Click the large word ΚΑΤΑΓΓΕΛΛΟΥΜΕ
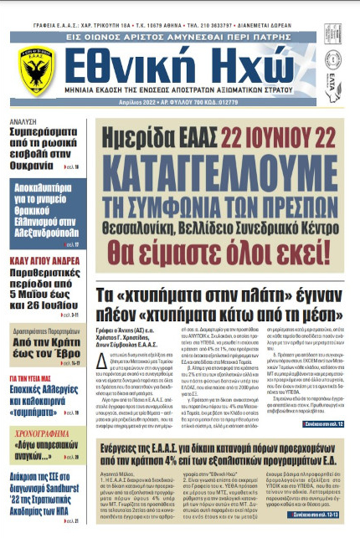(215, 167)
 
